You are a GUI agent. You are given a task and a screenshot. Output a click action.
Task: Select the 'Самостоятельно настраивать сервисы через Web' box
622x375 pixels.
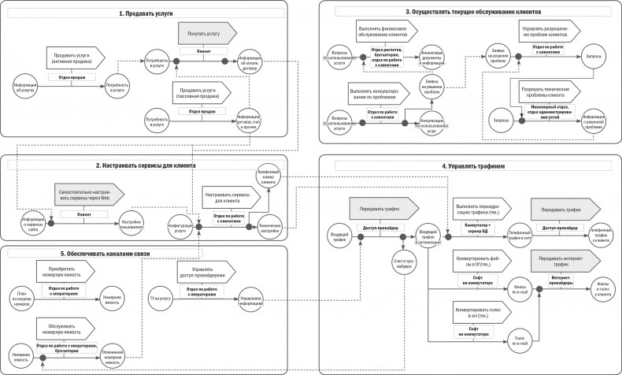click(94, 195)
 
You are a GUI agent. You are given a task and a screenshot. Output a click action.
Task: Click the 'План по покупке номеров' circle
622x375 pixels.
click(25, 298)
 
